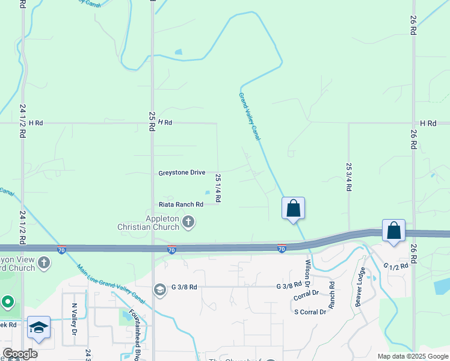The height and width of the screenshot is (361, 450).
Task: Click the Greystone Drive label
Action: pos(182,173)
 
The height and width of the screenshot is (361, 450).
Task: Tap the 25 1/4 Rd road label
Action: pos(218,187)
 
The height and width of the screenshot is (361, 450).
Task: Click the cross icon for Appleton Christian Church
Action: pos(188,223)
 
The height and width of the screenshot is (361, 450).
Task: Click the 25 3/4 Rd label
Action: pos(348,176)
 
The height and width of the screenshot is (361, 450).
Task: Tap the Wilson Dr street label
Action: pos(307,273)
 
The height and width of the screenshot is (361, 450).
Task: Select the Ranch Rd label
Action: pos(331,291)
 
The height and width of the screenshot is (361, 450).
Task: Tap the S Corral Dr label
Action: pos(310,312)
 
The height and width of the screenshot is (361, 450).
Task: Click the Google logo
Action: pos(20,354)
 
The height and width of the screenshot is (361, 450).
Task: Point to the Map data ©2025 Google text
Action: pos(412,356)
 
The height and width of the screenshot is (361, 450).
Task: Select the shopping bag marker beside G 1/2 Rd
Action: pos(393,230)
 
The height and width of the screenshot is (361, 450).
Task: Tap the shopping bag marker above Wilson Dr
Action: pos(293,208)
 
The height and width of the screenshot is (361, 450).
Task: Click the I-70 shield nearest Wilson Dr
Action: pos(282,248)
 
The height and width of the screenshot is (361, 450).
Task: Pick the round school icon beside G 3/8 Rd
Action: pos(159,290)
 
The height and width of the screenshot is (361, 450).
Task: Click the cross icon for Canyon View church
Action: pos(43,262)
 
